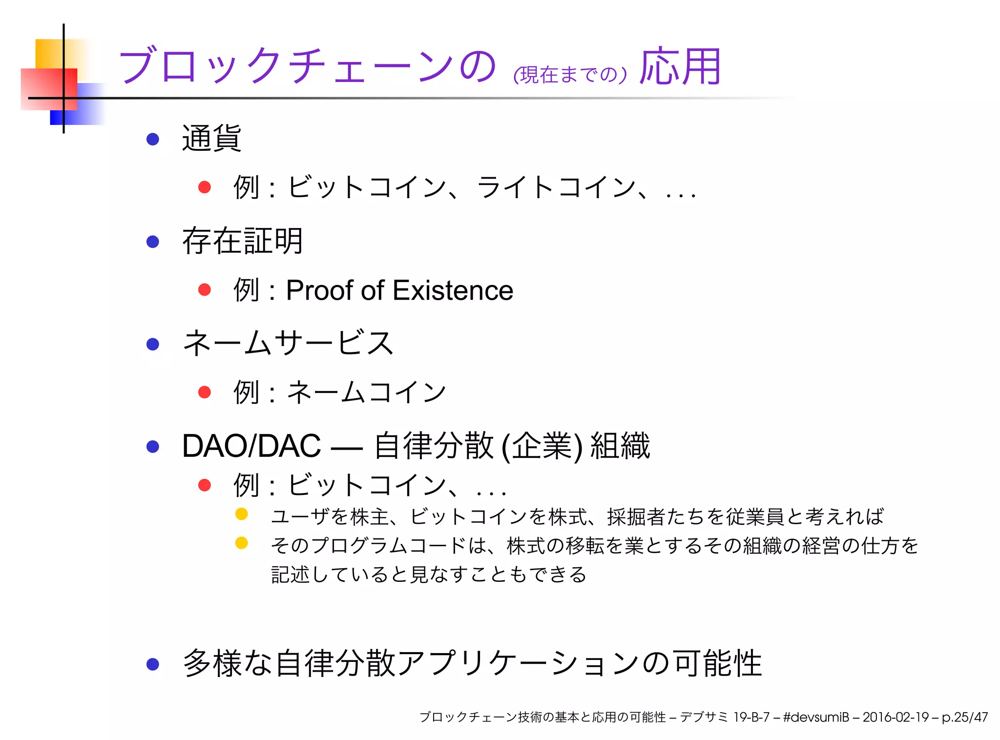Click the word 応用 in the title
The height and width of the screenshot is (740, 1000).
(x=680, y=67)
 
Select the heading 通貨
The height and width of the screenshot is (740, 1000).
(x=211, y=139)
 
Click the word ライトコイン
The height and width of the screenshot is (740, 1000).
(x=556, y=187)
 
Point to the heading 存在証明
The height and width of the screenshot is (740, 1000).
(x=242, y=241)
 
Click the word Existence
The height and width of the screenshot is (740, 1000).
(x=453, y=290)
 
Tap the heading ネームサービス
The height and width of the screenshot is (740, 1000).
(x=288, y=343)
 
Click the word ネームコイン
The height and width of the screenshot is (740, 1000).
(x=366, y=392)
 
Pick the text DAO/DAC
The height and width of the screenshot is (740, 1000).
(x=251, y=446)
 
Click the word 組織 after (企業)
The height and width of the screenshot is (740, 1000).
(x=620, y=446)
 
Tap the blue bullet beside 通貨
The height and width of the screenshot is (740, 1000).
(x=153, y=140)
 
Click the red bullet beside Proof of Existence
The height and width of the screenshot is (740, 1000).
(x=205, y=290)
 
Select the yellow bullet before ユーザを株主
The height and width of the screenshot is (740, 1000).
(x=241, y=514)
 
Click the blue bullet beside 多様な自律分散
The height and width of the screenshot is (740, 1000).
(x=153, y=664)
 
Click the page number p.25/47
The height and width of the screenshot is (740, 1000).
(x=964, y=717)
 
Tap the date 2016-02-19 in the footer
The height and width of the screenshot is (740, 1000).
(x=895, y=717)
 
